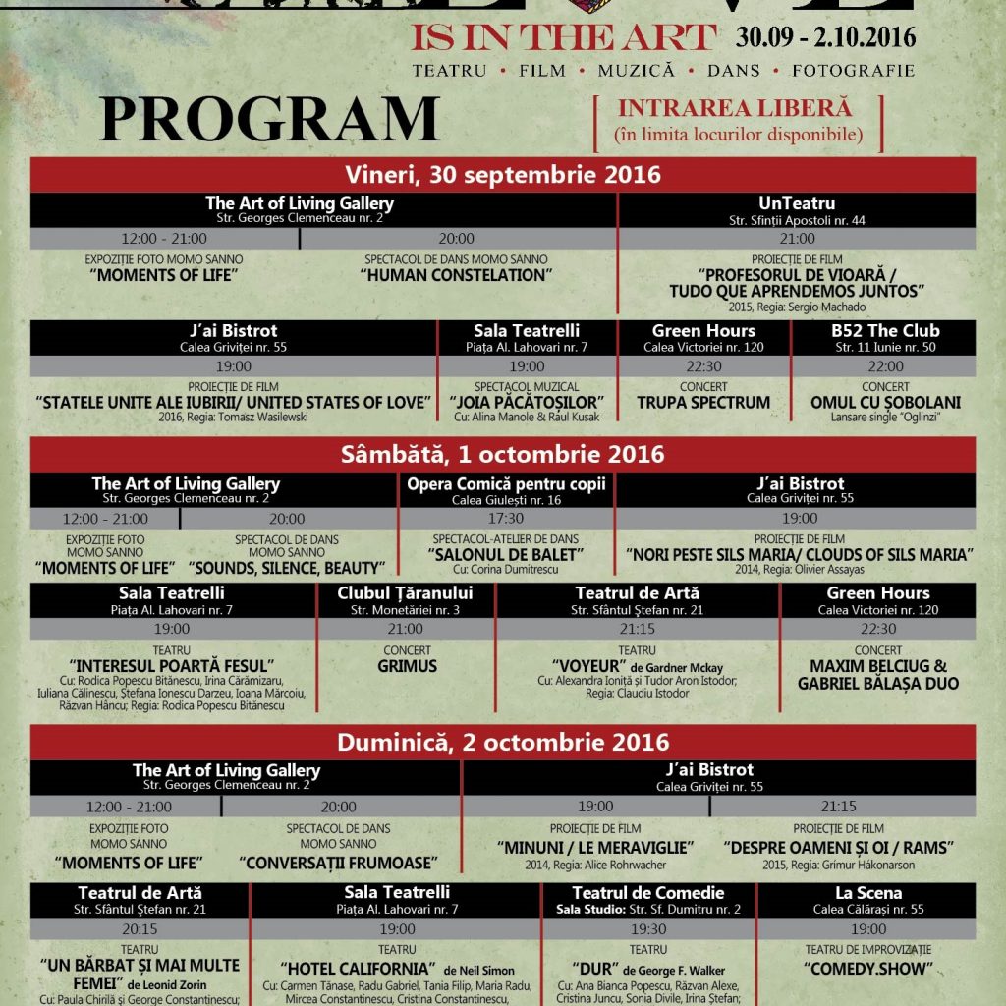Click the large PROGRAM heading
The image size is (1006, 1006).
[268, 119]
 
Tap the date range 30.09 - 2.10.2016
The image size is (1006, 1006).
[825, 38]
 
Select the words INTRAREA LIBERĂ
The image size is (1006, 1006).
[734, 109]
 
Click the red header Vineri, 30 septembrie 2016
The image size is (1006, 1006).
[503, 175]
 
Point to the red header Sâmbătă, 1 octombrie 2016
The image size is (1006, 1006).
[503, 455]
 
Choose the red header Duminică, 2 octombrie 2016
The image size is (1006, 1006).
[503, 741]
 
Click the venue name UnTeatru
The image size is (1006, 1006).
[797, 203]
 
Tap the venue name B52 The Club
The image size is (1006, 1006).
[885, 331]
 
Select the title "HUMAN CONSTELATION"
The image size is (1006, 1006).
[456, 275]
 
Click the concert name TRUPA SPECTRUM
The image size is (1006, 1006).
[703, 403]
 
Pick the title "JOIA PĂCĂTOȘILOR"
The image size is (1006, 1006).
[526, 403]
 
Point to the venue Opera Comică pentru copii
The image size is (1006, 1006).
[507, 483]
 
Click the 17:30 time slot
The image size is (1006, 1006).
[506, 519]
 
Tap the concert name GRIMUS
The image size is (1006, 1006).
[406, 665]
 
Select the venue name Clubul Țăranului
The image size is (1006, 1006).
[405, 593]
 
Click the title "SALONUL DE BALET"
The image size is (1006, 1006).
[506, 554]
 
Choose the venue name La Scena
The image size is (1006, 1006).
[868, 893]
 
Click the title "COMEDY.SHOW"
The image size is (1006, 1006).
[868, 969]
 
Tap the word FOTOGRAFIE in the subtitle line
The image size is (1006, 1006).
[854, 71]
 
